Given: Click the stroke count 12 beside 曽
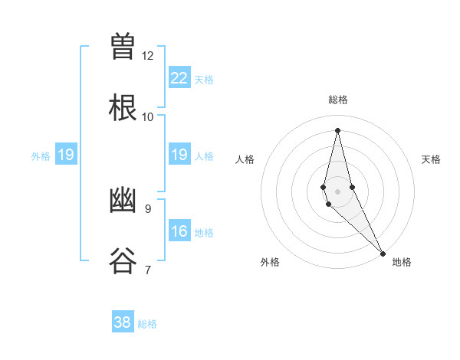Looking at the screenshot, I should pos(148,56).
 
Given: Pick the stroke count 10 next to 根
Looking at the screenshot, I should pos(148,116).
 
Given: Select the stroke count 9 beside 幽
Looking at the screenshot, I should pos(147,208).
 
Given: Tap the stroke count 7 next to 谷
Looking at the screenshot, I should pos(147,270).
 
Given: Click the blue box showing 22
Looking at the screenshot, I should pos(179,78).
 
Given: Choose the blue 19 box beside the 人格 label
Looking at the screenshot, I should pos(179,155).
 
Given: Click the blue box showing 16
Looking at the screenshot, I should pos(179,231).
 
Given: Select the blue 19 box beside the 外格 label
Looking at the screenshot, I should pos(66,155).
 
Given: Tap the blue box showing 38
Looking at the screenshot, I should pos(123,322).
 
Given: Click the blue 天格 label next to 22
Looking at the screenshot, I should pos(204,80).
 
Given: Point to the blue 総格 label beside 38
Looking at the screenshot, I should pos(147,324).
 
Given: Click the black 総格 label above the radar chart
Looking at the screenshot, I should pos(338,100).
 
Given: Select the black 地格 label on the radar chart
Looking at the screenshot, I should pos(402,263).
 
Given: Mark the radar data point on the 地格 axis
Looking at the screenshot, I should pos(383,252).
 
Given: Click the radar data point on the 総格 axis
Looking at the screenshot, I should pos(337,130).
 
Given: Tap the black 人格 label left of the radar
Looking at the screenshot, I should pos(245,159).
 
